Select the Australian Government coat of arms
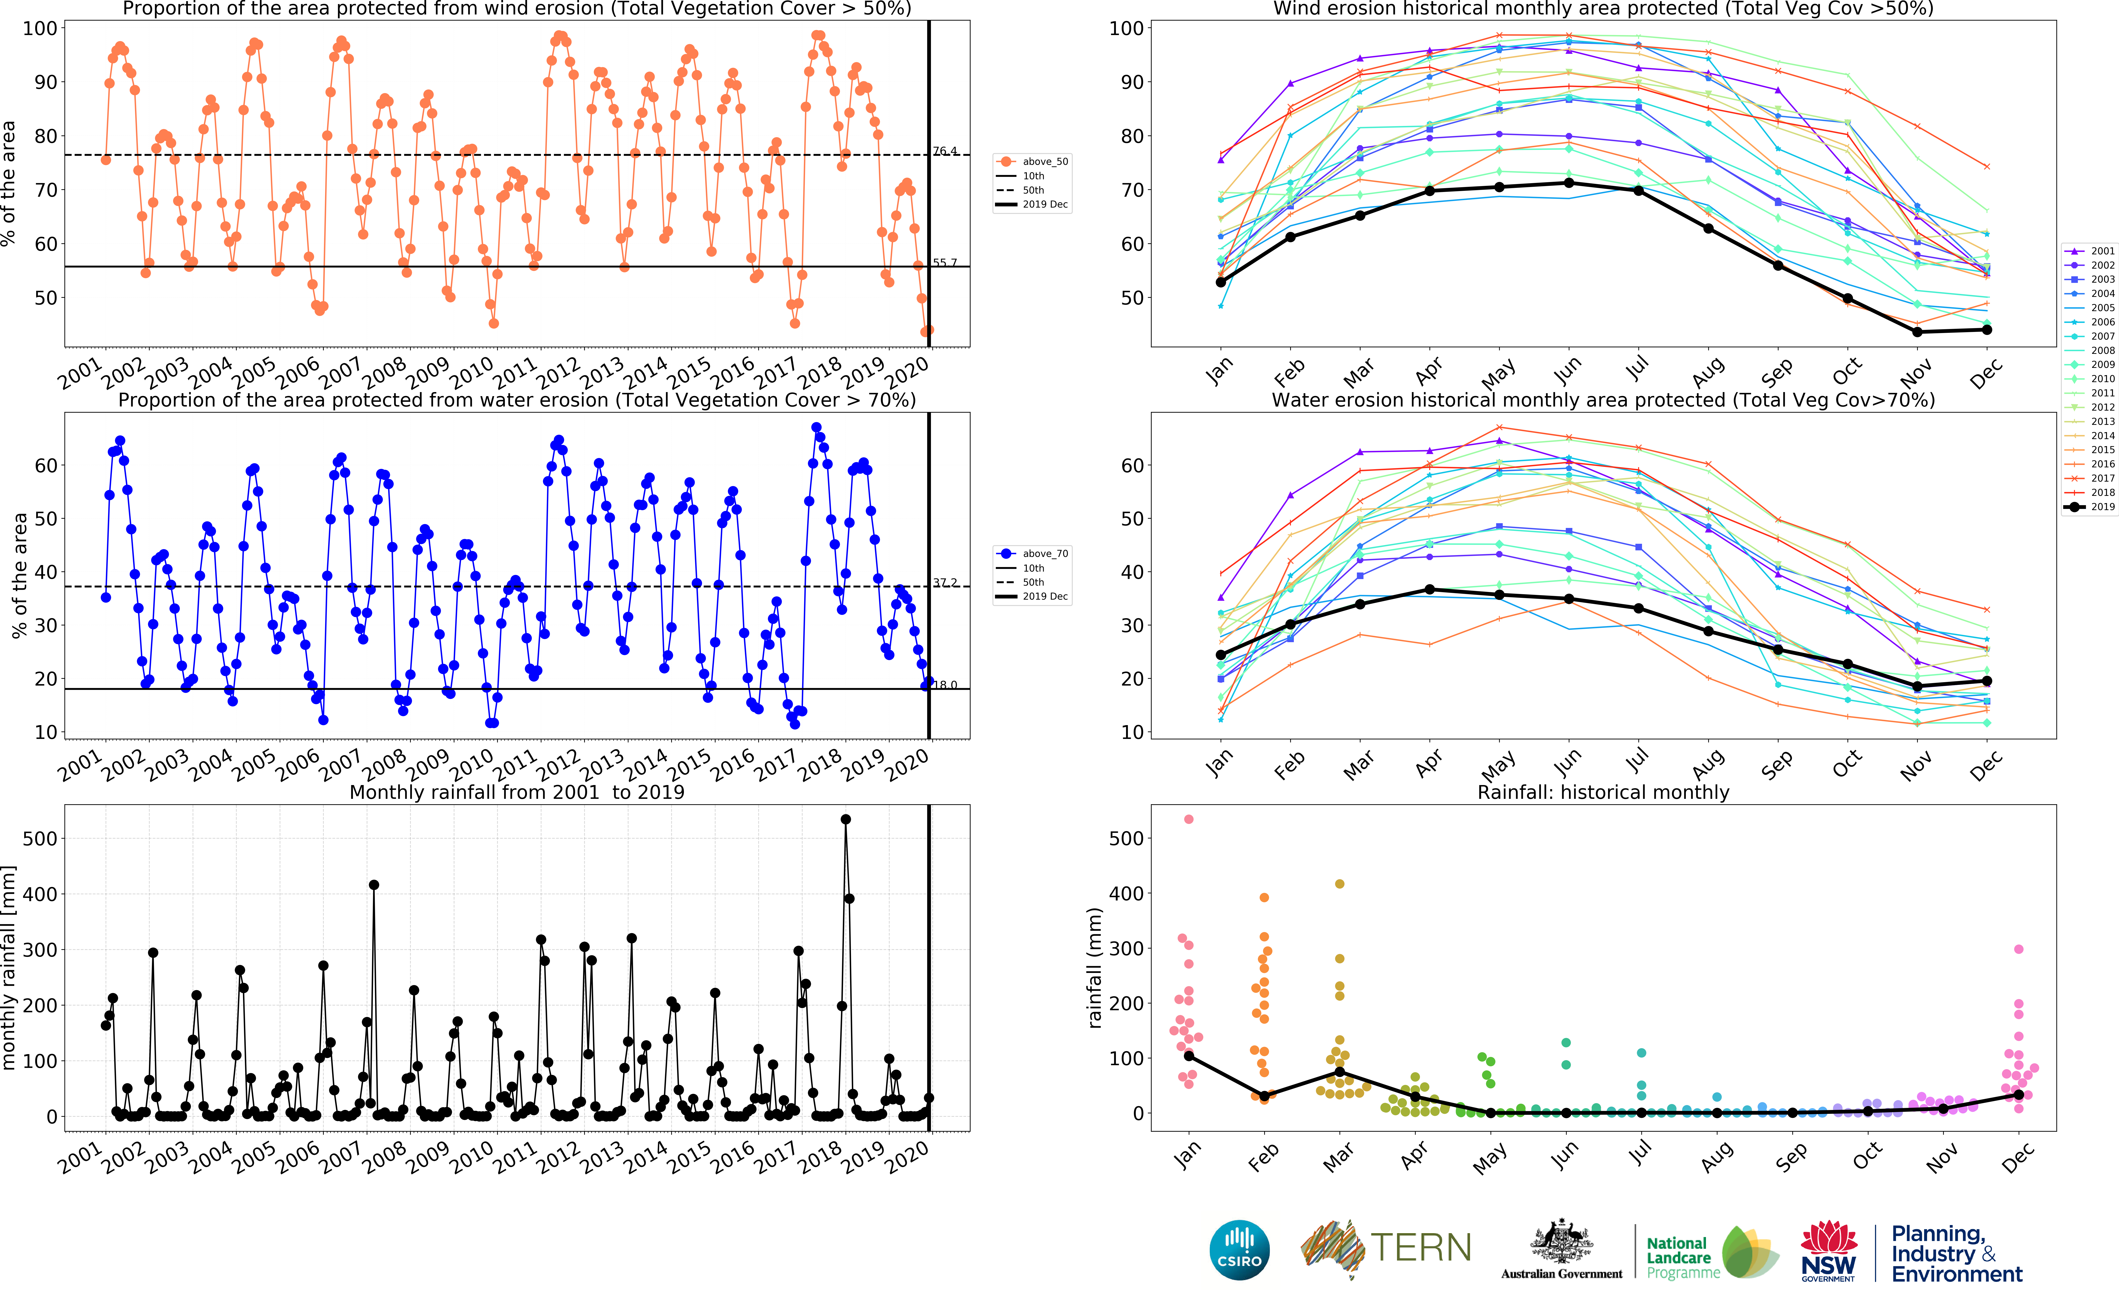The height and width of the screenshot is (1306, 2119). click(1561, 1244)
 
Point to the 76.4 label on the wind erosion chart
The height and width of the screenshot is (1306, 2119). click(945, 151)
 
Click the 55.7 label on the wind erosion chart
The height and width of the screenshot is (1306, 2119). click(945, 263)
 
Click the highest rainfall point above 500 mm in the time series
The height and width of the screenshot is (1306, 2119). click(845, 819)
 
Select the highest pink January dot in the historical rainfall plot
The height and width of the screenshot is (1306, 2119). click(1189, 819)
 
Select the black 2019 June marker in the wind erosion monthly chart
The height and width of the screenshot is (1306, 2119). click(1569, 183)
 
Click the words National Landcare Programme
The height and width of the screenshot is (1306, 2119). click(1682, 1257)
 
